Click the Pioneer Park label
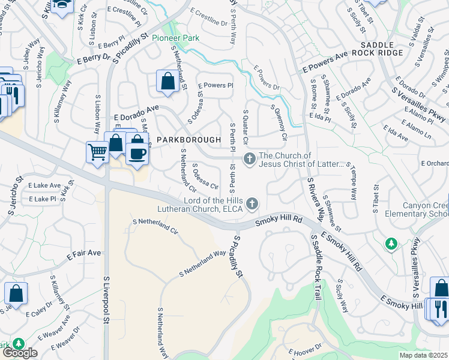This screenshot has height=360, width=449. coord(175,38)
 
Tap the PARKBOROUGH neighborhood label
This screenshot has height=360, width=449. coord(188,139)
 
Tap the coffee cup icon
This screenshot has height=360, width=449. coord(137,154)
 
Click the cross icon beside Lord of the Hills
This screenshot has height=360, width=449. coord(253,204)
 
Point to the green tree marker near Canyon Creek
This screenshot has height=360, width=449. coord(391,243)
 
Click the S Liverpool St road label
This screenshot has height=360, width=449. coord(106,300)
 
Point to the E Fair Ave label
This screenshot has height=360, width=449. coord(84,253)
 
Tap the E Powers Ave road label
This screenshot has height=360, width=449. coord(325,62)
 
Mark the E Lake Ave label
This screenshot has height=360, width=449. coord(44,185)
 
